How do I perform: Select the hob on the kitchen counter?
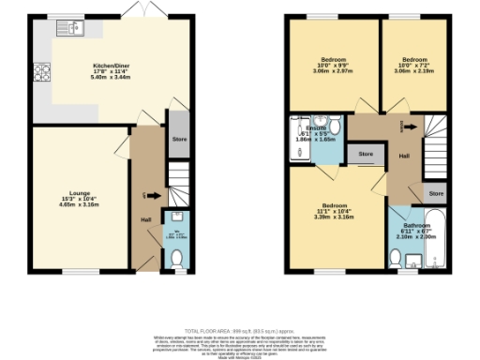click(42, 71)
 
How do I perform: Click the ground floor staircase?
click(178, 183)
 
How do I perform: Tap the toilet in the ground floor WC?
click(178, 247)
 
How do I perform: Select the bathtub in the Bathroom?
click(435, 239)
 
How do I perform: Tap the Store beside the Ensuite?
click(366, 154)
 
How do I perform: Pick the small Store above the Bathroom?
click(436, 193)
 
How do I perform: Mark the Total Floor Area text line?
click(239, 330)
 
